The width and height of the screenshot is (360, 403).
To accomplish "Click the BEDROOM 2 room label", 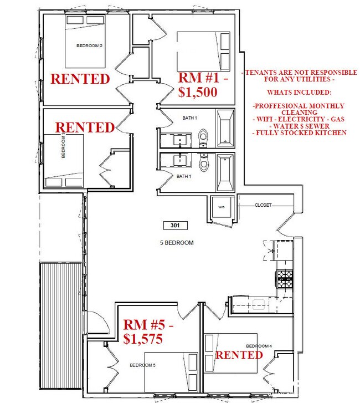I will pos(90,46).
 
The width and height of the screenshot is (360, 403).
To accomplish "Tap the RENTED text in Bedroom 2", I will pos(80,79).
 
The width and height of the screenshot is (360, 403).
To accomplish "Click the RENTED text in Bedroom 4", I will pos(238,355).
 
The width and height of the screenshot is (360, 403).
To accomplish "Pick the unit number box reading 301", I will pos(176,226).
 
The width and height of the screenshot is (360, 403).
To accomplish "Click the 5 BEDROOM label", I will pos(176,243).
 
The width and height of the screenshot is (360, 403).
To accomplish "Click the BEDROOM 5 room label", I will pos(140,365).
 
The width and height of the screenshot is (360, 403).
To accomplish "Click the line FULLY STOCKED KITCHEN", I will pos(299,133).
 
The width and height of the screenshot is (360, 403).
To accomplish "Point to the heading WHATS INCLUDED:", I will pos(299,91).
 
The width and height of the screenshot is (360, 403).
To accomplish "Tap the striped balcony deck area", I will pos(61,327).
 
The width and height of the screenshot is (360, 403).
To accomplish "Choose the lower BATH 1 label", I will pos(183,176).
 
